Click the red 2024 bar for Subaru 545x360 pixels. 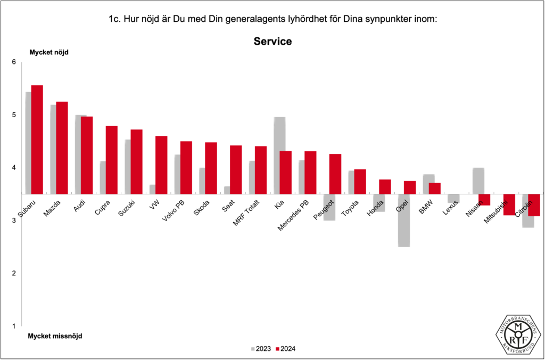(x=37, y=140)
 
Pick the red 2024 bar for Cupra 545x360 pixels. (x=111, y=160)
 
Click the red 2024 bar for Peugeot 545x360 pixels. (x=335, y=174)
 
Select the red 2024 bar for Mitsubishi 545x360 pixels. (x=509, y=204)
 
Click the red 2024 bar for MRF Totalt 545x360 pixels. (x=261, y=170)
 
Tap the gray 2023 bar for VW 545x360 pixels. (x=152, y=189)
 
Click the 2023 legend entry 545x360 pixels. (x=261, y=349)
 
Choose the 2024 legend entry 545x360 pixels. (x=286, y=349)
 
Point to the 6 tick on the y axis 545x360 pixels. (x=14, y=62)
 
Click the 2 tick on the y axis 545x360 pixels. (x=14, y=273)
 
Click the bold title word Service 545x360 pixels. (x=272, y=42)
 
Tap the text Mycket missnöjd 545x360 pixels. (x=55, y=336)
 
